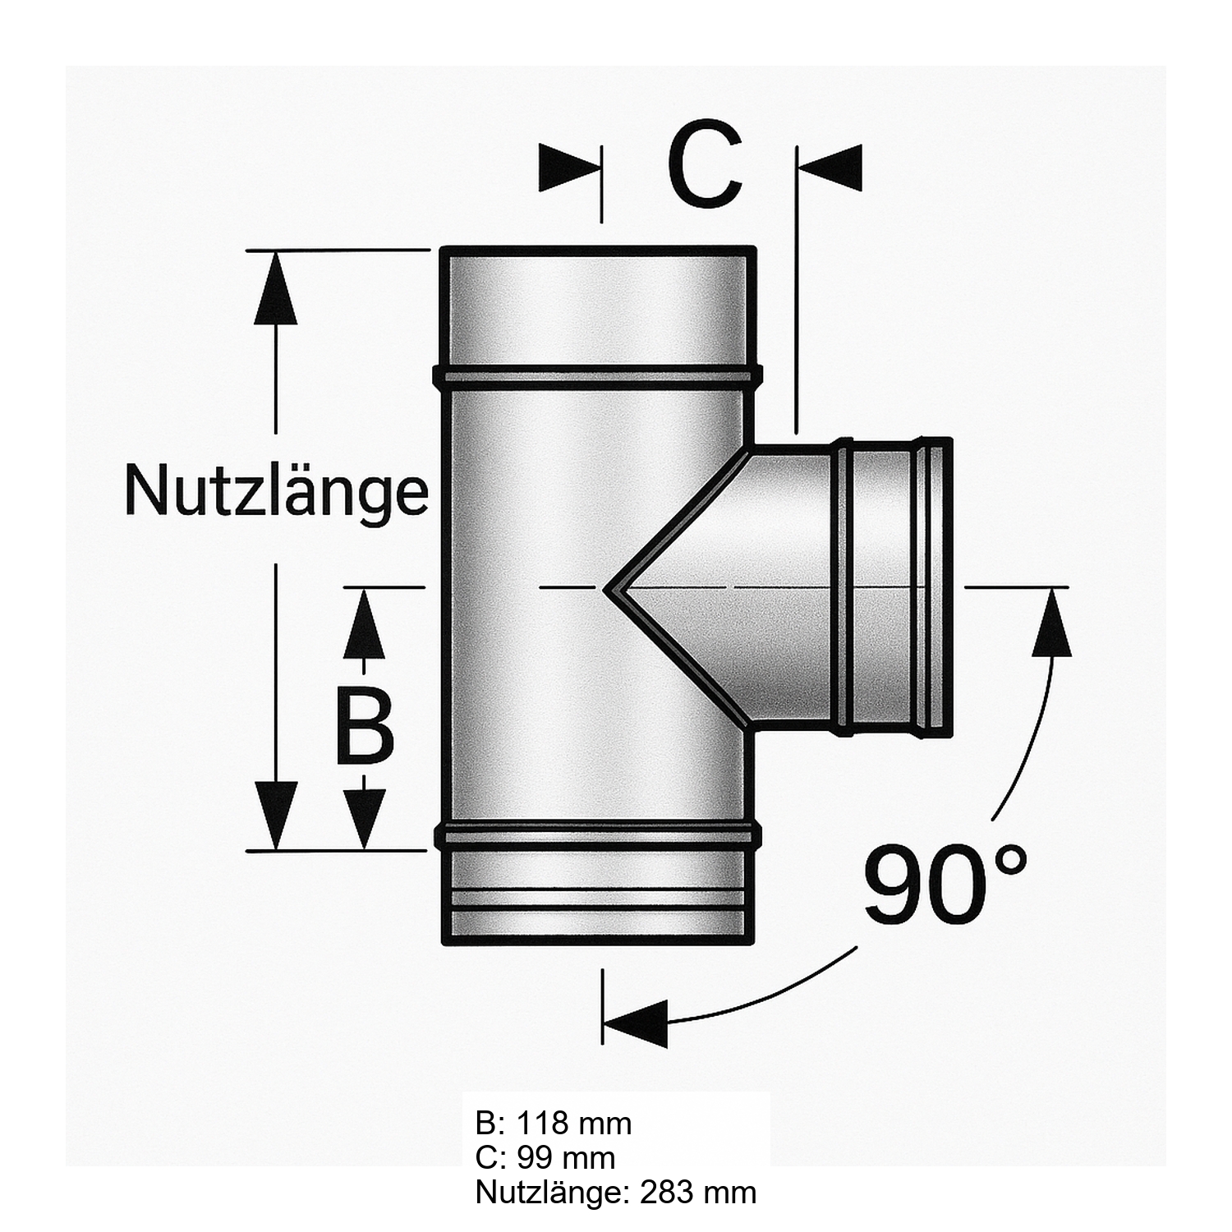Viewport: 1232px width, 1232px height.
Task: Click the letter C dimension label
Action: pos(706,168)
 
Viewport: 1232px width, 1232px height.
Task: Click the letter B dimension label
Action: pos(365,726)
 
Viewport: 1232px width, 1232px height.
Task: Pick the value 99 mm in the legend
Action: pos(566,1157)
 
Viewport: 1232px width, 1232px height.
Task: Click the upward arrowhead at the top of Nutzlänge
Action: pos(275,287)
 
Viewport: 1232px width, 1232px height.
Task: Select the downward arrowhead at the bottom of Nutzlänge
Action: pos(275,813)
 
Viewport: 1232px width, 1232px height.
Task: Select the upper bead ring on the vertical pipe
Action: pos(597,375)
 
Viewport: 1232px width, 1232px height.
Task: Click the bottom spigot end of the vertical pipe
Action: pos(597,903)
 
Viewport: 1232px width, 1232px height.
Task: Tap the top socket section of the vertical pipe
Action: pos(597,308)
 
